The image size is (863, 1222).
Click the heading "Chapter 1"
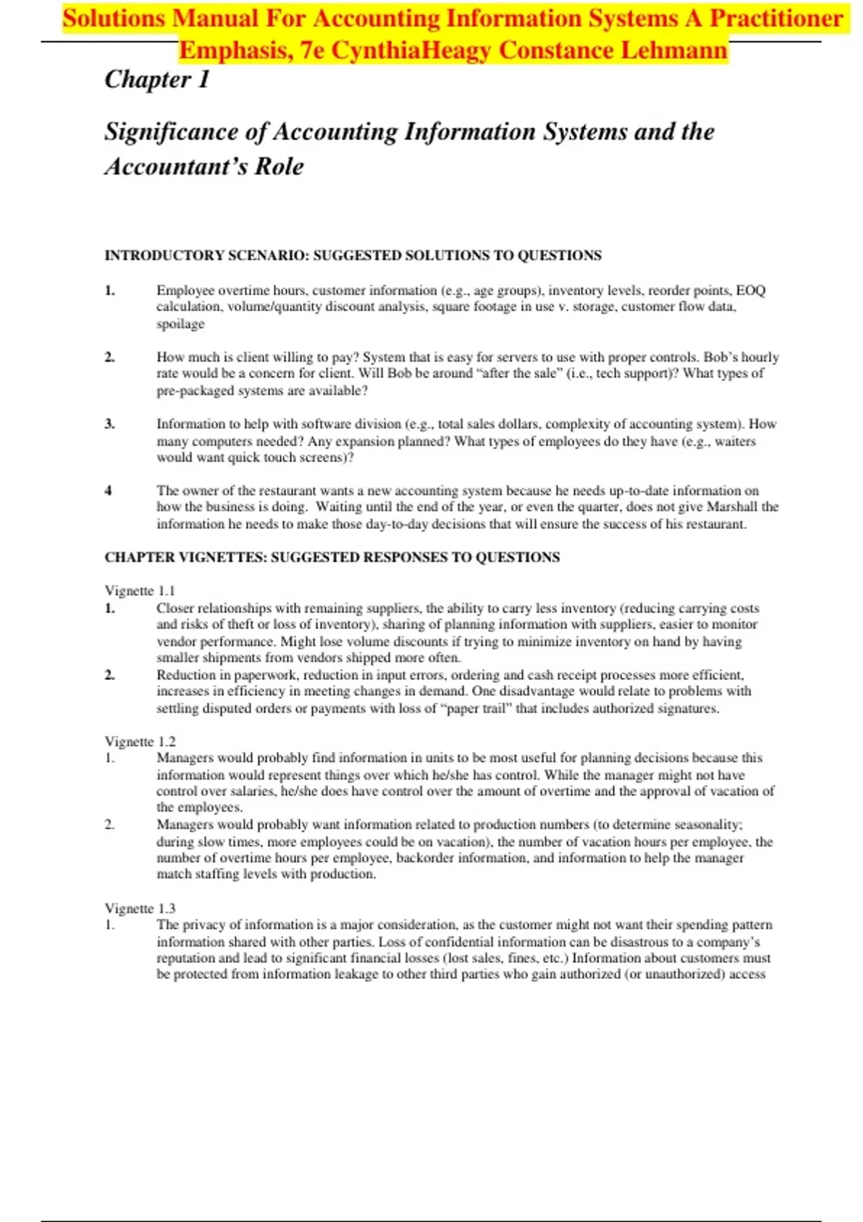pyautogui.click(x=157, y=79)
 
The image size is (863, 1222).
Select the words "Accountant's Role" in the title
pyautogui.click(x=204, y=167)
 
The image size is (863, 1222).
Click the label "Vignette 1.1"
pyautogui.click(x=140, y=591)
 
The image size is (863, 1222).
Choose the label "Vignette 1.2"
pyautogui.click(x=140, y=741)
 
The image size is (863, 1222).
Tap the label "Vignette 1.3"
pyautogui.click(x=140, y=909)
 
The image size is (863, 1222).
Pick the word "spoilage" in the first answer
pyautogui.click(x=181, y=324)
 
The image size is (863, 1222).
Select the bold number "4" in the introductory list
pyautogui.click(x=108, y=490)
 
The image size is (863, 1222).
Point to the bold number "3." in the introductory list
pyautogui.click(x=109, y=423)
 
